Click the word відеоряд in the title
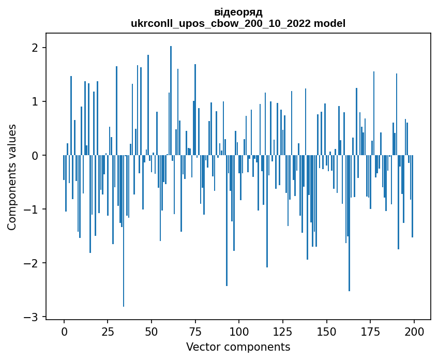[x=238, y=12]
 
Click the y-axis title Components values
[x=12, y=177]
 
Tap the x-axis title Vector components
[x=238, y=347]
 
